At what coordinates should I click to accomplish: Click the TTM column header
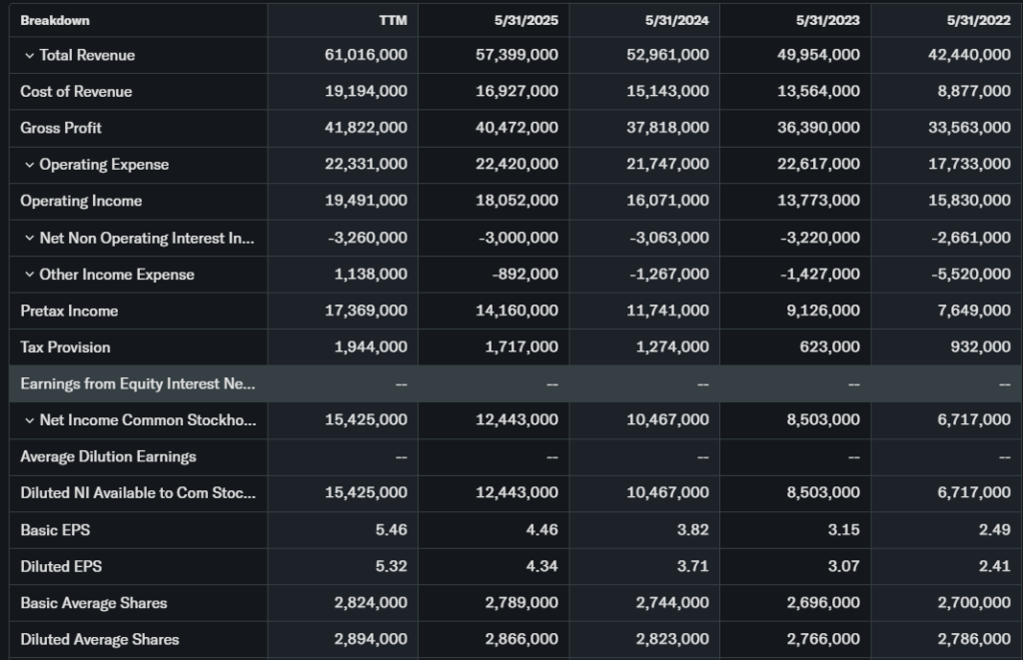(393, 20)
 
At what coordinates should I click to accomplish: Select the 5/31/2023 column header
(827, 20)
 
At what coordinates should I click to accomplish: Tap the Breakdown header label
(55, 20)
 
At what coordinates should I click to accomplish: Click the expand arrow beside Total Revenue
(29, 55)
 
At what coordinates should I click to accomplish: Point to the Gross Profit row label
(61, 128)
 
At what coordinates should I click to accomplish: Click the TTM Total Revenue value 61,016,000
(366, 55)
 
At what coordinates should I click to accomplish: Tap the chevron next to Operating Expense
(29, 165)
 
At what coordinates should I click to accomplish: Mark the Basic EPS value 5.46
(391, 530)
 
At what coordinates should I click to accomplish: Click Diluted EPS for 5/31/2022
(994, 566)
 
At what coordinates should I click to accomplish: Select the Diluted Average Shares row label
(100, 639)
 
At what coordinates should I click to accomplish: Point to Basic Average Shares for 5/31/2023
(818, 603)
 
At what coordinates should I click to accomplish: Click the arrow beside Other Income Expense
(29, 275)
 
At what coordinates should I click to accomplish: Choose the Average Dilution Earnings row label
(108, 456)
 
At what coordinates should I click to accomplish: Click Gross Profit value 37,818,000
(667, 128)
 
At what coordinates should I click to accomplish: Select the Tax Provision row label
(65, 347)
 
